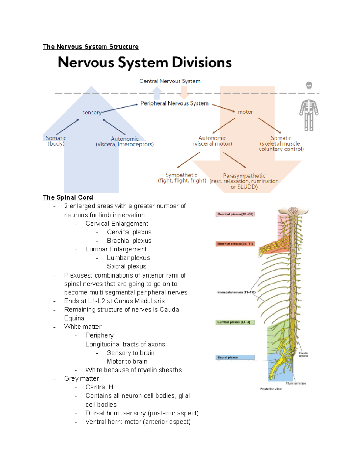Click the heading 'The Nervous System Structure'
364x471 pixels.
click(91, 47)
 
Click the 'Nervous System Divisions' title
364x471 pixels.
click(145, 62)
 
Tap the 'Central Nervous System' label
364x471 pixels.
click(170, 81)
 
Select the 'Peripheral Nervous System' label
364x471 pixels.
click(174, 103)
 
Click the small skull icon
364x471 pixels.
click(309, 86)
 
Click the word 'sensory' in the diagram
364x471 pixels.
click(92, 113)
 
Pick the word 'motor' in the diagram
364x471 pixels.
click(245, 112)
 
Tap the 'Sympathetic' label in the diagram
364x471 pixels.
click(181, 175)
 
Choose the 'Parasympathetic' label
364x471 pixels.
click(244, 176)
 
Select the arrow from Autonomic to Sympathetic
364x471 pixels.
click(189, 160)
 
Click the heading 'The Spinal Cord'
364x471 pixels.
click(68, 197)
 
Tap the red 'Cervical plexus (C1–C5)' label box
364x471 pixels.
click(235, 214)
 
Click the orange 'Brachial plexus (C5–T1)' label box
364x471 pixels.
click(235, 244)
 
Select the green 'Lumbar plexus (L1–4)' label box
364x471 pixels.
click(235, 322)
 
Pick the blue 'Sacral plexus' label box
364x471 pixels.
click(235, 358)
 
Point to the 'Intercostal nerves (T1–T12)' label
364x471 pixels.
click(237, 292)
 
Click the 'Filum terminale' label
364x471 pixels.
click(295, 383)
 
